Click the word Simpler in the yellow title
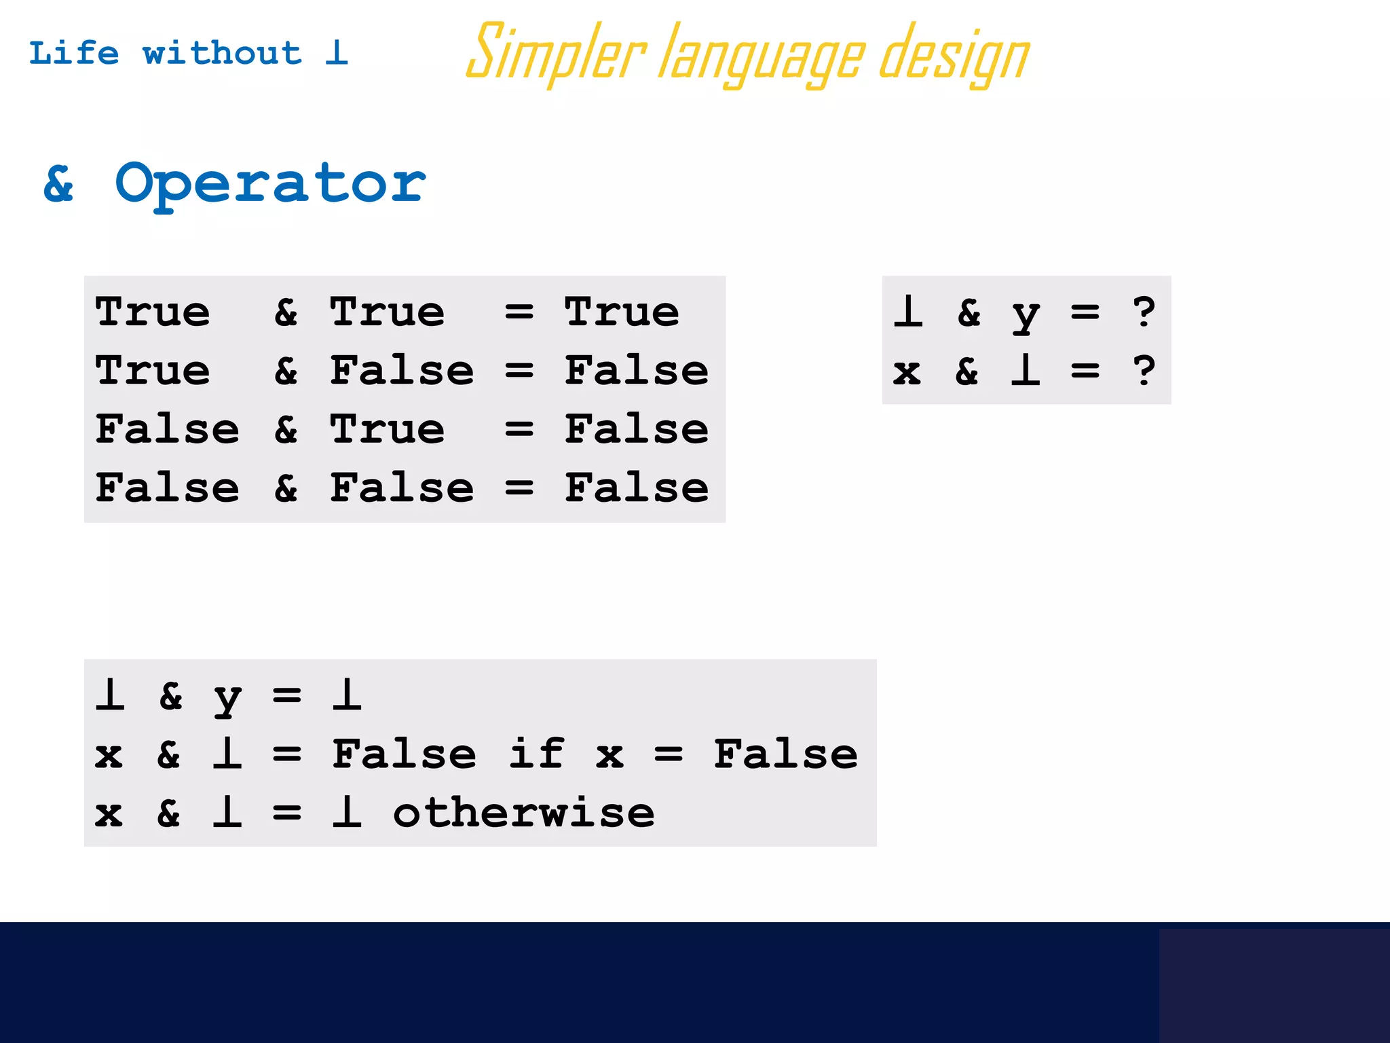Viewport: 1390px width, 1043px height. pos(556,53)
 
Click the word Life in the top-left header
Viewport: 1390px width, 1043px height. pos(74,53)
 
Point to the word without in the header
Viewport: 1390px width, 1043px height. pos(222,53)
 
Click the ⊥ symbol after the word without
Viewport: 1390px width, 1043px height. pos(337,53)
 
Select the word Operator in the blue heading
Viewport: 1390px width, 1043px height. pos(270,183)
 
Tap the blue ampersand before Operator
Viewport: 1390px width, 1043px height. pos(59,183)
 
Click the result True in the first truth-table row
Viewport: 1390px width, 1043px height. pos(622,312)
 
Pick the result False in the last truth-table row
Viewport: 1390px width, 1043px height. pos(637,488)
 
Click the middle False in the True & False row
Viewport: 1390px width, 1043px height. pos(402,371)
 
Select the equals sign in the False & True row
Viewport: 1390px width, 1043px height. pos(519,429)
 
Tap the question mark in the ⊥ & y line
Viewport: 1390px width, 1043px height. pos(1144,312)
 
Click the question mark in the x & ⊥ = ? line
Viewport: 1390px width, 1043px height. pos(1144,371)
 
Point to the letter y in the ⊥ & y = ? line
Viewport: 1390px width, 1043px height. pos(1026,314)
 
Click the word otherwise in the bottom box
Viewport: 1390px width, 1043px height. pos(524,813)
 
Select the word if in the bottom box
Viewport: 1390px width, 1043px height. pos(536,754)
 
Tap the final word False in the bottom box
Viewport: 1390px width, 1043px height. pos(785,754)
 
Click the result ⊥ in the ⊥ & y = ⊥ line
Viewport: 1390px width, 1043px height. pos(347,695)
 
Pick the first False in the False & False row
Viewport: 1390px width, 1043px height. pos(167,488)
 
